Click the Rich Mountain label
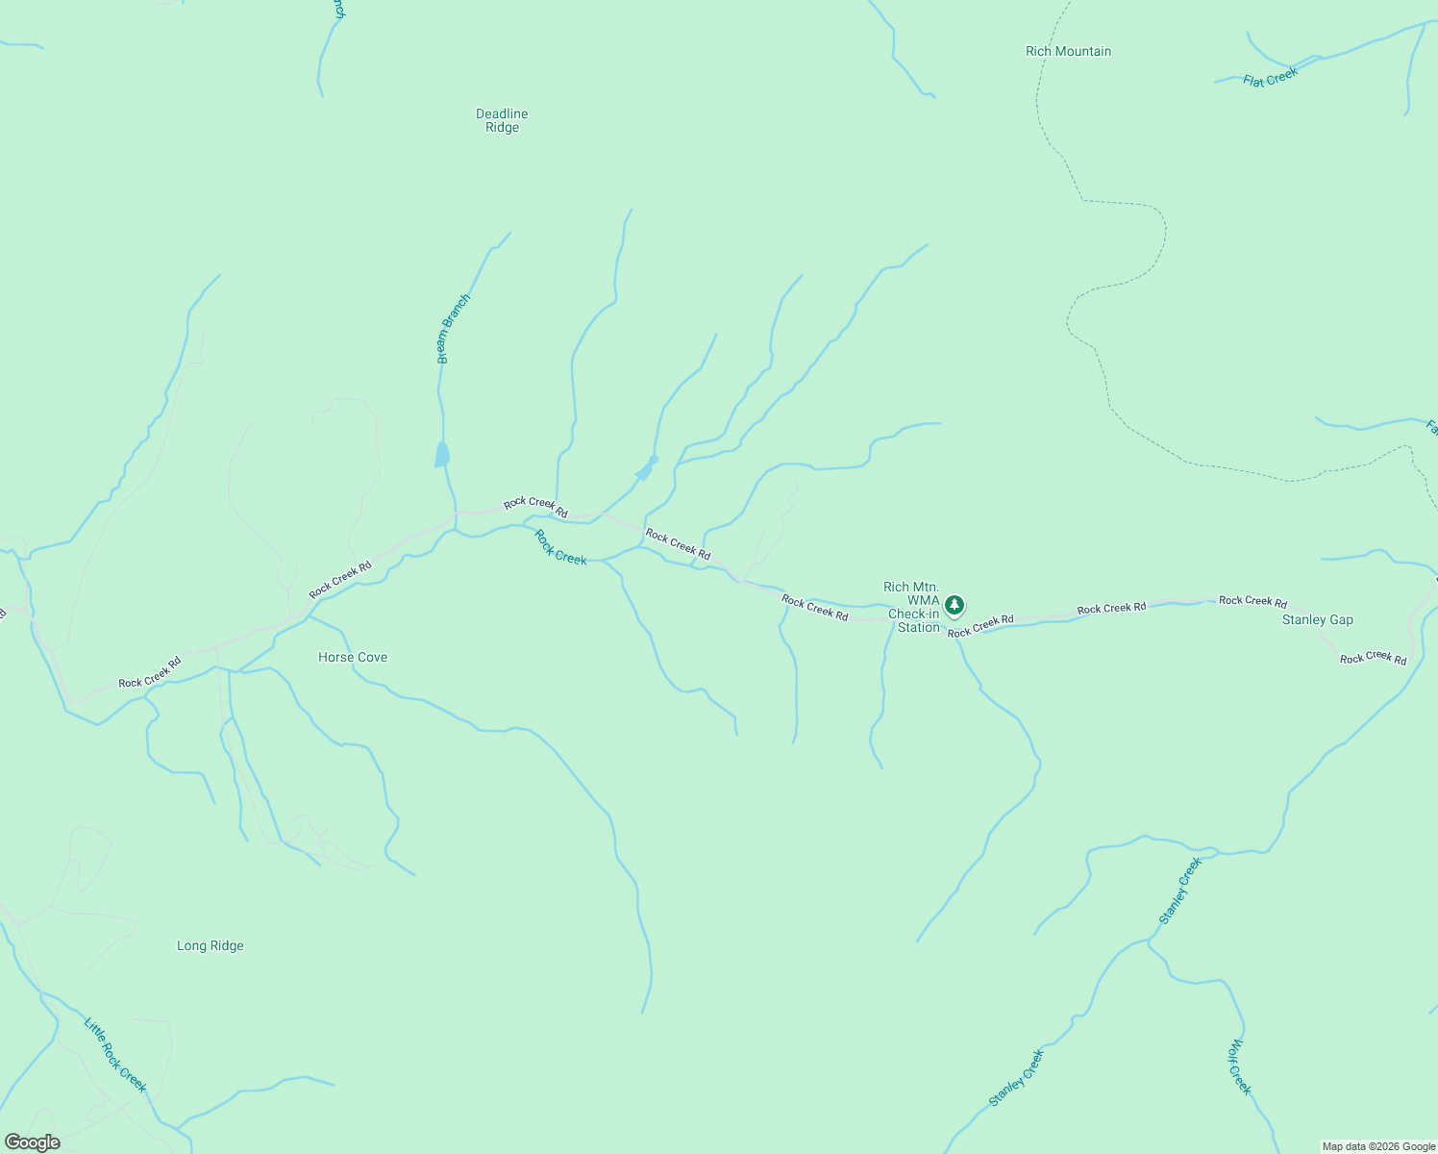click(1068, 52)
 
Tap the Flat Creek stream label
click(1270, 77)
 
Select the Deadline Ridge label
click(502, 120)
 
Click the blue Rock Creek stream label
click(559, 546)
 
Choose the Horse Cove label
click(353, 658)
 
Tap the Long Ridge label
click(211, 946)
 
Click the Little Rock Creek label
click(115, 1055)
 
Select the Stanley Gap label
click(1317, 620)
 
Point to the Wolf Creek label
click(1240, 1066)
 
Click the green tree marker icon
click(954, 605)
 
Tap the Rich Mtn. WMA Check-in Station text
click(911, 607)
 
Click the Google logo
click(32, 1142)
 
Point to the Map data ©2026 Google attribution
click(1377, 1146)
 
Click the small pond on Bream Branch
click(441, 455)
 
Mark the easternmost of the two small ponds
click(646, 469)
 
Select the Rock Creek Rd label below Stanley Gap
click(1373, 658)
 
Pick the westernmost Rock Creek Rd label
click(149, 672)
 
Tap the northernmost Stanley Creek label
click(1180, 891)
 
